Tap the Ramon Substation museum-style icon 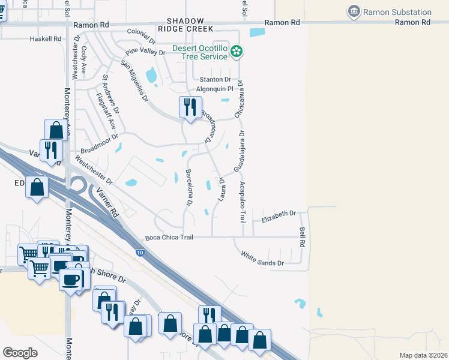[x=354, y=11]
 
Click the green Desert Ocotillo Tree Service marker [x=237, y=52]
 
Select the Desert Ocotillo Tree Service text [x=200, y=52]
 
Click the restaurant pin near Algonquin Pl [x=190, y=108]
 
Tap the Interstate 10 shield [x=140, y=254]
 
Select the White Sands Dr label [x=262, y=259]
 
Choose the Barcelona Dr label [x=188, y=188]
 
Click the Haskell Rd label [x=46, y=38]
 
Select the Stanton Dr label [x=215, y=79]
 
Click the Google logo [x=20, y=353]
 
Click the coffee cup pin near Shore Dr [x=71, y=280]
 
